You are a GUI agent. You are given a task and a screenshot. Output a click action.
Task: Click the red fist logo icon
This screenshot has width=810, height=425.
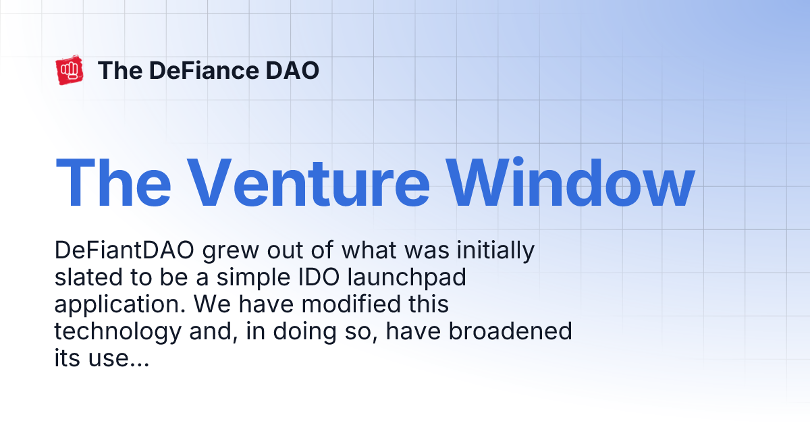70,71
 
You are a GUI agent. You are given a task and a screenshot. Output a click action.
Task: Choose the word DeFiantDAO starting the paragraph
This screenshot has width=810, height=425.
126,252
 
